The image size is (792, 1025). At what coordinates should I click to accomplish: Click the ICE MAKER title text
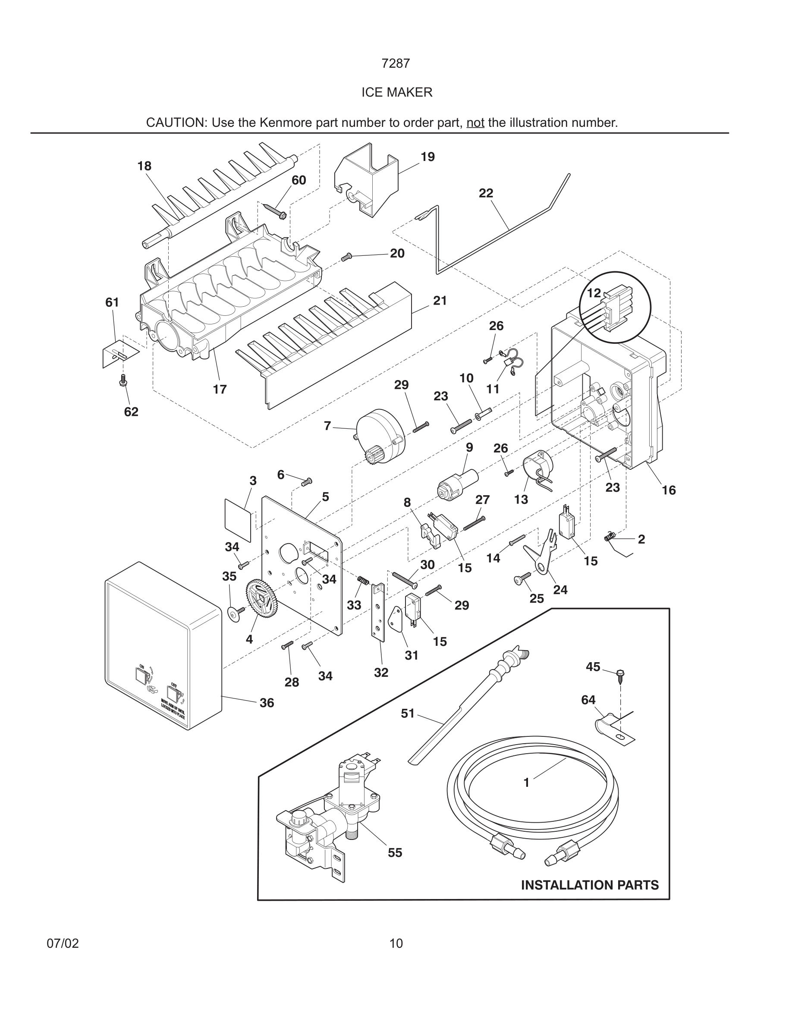(x=396, y=92)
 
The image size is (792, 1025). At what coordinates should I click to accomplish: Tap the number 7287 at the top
(x=396, y=63)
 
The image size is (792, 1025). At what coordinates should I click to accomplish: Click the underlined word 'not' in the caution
(x=475, y=123)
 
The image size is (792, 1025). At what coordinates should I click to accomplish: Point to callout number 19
(x=427, y=157)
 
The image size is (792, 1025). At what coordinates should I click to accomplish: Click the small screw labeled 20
(x=346, y=257)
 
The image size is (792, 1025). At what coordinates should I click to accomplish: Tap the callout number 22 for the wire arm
(x=486, y=193)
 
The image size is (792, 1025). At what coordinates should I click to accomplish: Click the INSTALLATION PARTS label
(x=589, y=885)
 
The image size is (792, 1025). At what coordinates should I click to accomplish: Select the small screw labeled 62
(x=123, y=380)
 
